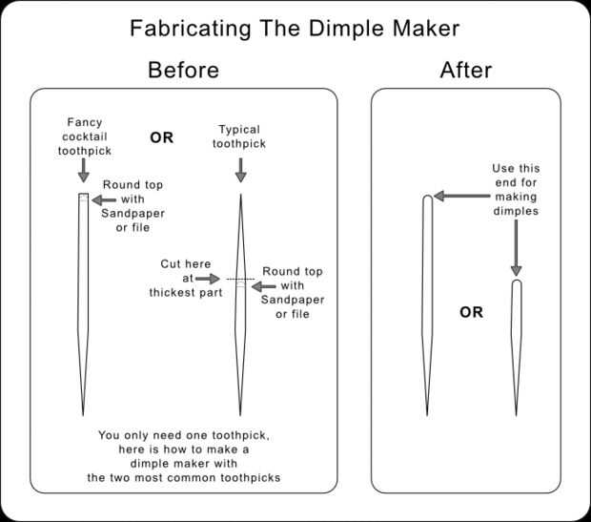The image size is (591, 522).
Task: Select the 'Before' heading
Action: [183, 70]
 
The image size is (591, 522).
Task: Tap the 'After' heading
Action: [465, 70]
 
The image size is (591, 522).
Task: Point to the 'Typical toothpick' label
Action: [240, 136]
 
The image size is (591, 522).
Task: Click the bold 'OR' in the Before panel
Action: [161, 137]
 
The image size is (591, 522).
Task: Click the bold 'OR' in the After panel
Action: [471, 312]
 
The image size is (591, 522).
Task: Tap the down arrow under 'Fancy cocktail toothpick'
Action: [84, 170]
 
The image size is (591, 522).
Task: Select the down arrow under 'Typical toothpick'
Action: [240, 170]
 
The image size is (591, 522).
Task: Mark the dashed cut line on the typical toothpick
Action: [240, 278]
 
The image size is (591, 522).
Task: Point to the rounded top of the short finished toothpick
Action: [516, 284]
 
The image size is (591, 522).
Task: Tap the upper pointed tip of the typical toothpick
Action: [240, 196]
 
